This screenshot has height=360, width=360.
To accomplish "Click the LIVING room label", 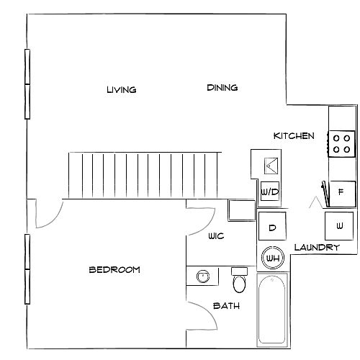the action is tap(122, 90).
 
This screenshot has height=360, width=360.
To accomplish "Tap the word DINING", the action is tap(222, 88).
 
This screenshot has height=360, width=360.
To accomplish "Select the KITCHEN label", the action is tap(294, 136).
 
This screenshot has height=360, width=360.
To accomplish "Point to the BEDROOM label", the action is tap(114, 270).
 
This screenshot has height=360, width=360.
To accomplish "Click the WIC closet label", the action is tap(216, 236).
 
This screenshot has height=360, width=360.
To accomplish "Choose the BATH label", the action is tap(226, 306).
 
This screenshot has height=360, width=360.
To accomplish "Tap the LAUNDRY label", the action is tap(317, 248).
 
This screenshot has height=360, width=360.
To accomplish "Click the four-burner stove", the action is tap(341, 144).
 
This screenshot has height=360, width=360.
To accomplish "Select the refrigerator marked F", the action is tap(342, 194).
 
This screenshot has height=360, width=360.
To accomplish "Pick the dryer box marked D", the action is tap(272, 226).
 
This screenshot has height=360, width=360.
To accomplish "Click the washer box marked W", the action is tap(339, 226).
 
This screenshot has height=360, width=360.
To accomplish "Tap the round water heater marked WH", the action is tap(273, 258).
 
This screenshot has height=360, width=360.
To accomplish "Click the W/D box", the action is tap(270, 192).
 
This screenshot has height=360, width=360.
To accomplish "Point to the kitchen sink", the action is tap(271, 166).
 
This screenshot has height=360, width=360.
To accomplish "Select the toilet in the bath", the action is tap(239, 280).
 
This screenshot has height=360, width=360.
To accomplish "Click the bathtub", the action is tap(272, 310).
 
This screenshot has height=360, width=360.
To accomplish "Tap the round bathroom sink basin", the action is tap(203, 276).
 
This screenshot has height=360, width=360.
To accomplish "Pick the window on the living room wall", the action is tap(27, 84).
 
